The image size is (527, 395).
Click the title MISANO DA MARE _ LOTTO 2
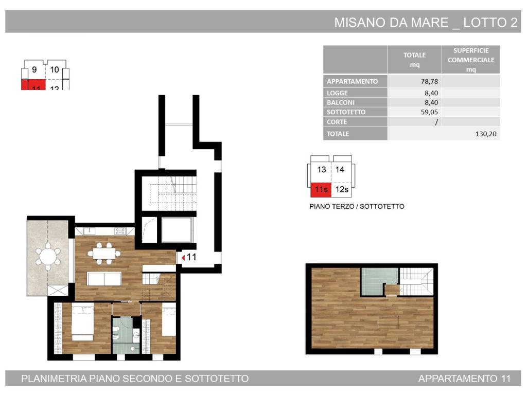click(x=426, y=23)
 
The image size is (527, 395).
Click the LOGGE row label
click(x=337, y=93)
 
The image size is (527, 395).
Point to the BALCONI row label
click(x=340, y=102)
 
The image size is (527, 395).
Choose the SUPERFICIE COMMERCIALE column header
click(x=470, y=60)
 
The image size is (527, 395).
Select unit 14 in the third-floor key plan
click(x=340, y=170)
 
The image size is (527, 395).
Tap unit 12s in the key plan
click(x=342, y=190)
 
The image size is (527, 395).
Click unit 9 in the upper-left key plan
click(x=34, y=70)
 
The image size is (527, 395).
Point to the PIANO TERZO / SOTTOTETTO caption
click(x=357, y=206)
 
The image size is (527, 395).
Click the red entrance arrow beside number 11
click(x=183, y=257)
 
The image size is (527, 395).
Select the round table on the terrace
click(x=48, y=256)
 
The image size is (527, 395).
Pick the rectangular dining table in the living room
click(x=105, y=253)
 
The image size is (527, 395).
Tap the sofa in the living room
click(x=104, y=278)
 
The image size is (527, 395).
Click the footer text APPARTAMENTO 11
click(x=464, y=379)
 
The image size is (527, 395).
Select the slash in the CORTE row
click(x=436, y=122)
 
